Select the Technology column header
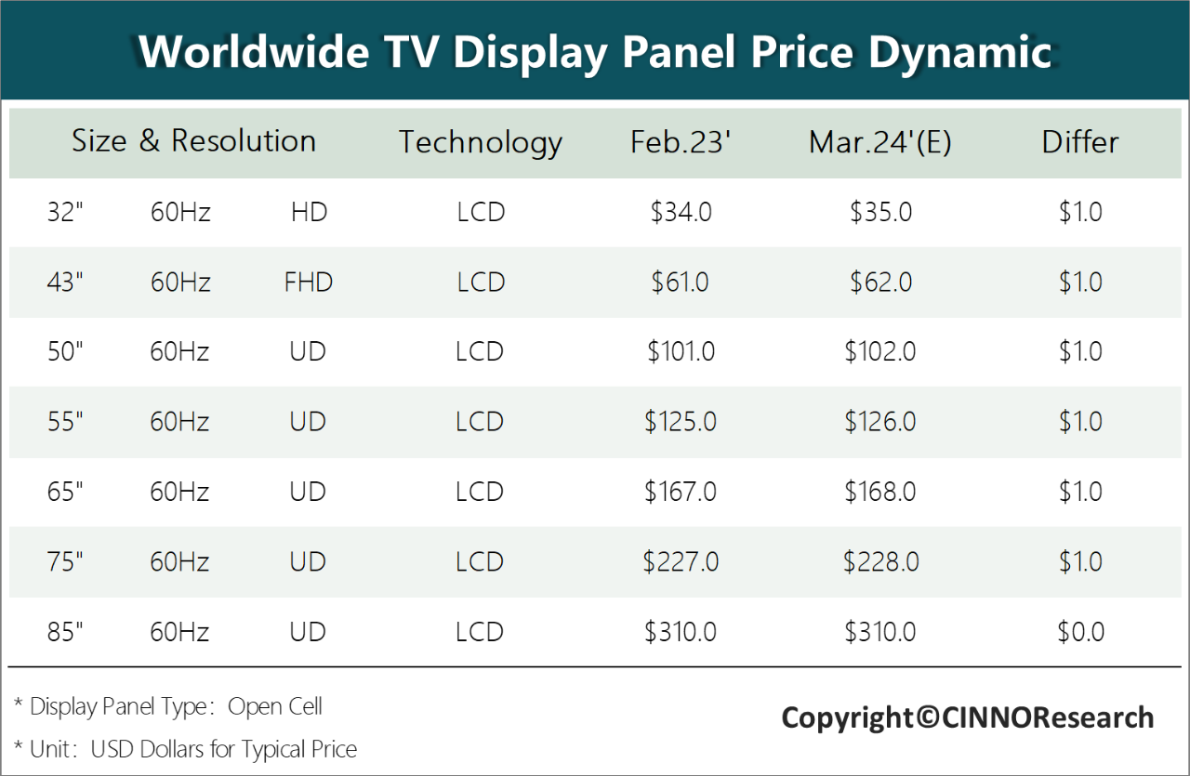(481, 142)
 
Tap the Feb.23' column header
(681, 142)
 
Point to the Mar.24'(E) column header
(879, 142)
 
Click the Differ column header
(1079, 142)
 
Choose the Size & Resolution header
(193, 141)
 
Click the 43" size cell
(65, 283)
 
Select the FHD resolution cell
(308, 283)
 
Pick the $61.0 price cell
(681, 283)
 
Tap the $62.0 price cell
(879, 283)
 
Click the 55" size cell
(65, 422)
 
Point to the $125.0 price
(681, 422)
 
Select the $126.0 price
(879, 422)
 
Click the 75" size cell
(65, 562)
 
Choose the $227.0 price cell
(681, 562)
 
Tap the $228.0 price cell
(880, 562)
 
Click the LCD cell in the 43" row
(481, 283)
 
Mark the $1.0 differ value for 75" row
(1080, 562)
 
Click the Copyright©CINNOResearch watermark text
(967, 717)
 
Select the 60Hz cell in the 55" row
(180, 422)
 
